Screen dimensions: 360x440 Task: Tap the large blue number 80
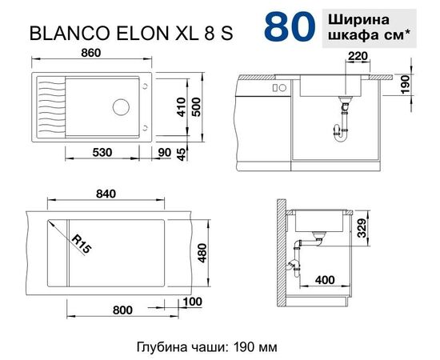(x=288, y=26)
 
